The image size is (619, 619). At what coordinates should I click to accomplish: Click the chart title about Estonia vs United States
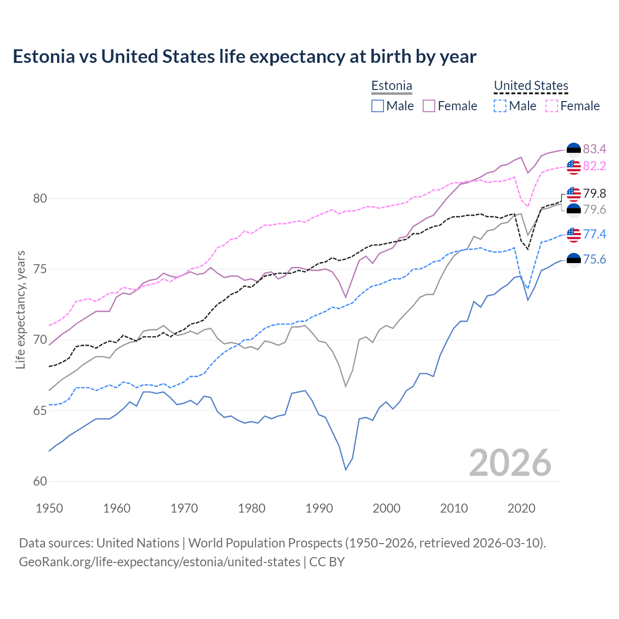pos(245,57)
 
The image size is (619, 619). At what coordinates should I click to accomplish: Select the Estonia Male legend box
pos(378,106)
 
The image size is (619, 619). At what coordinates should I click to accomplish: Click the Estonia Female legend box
pos(429,106)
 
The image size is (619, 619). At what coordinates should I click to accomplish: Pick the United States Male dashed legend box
pos(500,106)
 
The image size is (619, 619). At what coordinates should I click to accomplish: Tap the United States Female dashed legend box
pos(552,106)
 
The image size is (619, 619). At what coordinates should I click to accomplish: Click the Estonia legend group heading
pos(392,86)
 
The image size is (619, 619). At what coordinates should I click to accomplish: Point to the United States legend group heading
pos(531,86)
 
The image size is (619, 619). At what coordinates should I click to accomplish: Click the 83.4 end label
pos(594,149)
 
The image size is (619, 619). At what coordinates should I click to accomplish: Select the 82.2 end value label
pos(594,166)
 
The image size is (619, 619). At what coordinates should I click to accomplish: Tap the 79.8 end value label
pos(594,193)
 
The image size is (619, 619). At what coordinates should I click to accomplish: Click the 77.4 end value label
pos(594,234)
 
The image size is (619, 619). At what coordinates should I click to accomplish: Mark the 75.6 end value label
pos(594,260)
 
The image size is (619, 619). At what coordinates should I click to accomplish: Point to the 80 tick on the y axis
pos(40,198)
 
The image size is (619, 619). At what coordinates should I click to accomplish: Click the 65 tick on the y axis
pos(40,411)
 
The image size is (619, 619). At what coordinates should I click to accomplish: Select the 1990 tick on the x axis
pos(319,508)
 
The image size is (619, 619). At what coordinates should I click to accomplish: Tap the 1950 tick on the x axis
pos(49,508)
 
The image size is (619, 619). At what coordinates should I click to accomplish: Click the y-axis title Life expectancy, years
pos(21,309)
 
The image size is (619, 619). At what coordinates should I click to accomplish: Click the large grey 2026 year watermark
pos(510,463)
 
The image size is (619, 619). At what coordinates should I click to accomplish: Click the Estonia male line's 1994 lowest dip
pos(346,469)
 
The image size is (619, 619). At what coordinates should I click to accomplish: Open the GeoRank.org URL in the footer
pos(160,562)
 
